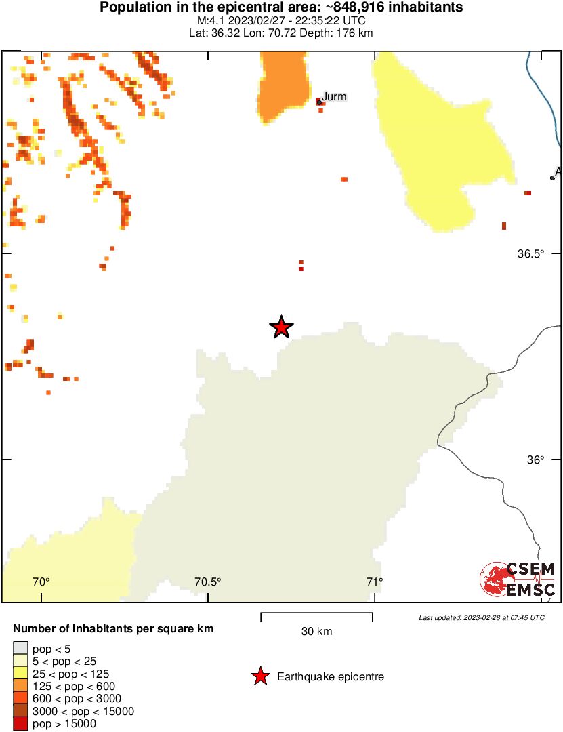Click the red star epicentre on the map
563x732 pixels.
tap(281, 327)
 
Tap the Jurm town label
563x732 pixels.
tap(334, 97)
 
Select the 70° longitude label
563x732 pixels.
tap(41, 582)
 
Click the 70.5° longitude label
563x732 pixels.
tap(208, 582)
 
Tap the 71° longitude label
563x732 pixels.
tap(374, 582)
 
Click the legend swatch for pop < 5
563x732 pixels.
tap(21, 649)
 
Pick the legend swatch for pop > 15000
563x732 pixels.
tap(21, 724)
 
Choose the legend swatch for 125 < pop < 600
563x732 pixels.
tap(21, 686)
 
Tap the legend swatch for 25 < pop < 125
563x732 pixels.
tap(21, 674)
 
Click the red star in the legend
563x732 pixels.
tap(259, 676)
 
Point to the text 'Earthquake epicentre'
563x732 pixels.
tap(331, 676)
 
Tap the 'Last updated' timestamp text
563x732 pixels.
tap(481, 617)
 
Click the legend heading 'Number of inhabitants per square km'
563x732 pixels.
tap(113, 629)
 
